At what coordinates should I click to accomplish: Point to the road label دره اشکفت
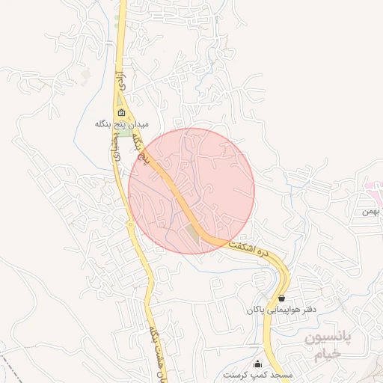250,248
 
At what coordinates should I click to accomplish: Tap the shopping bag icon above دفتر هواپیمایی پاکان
281,298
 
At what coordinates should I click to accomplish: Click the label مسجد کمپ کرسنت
259,374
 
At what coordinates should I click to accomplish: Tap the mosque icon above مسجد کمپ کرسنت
259,364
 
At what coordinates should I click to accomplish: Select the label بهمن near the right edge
372,211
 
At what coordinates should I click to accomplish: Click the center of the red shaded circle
191,191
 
